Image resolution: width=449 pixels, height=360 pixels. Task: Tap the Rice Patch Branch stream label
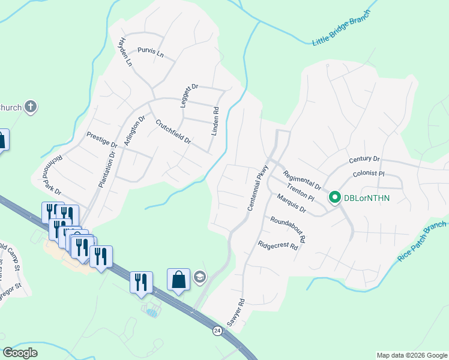coord(422,241)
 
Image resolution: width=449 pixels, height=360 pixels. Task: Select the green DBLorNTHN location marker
coord(334,197)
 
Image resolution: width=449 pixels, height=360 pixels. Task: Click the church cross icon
coord(31,107)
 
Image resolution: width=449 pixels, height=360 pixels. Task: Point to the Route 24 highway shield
coord(217,331)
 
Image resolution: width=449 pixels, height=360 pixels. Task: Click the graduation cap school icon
coord(200,277)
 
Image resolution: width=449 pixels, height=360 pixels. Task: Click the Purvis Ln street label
coord(151,52)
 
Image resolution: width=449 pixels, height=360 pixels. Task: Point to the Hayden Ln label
coord(125,52)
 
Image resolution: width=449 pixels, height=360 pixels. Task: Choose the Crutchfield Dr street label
coord(173,133)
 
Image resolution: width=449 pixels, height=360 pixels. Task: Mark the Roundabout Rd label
coord(289,229)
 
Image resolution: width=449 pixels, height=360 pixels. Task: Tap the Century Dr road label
coord(364,160)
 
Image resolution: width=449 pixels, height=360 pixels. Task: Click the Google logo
coord(20,353)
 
